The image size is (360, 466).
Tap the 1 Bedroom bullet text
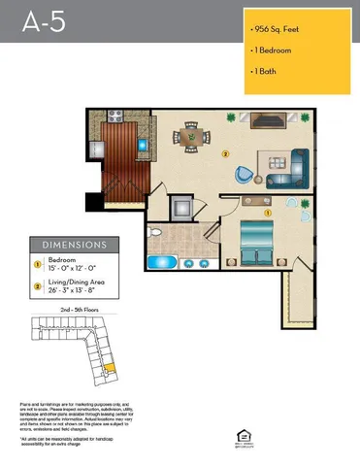point(272,50)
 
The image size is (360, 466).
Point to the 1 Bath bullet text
point(265,71)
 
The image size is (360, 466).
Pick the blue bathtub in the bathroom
point(160,261)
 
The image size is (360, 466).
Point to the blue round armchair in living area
point(242,175)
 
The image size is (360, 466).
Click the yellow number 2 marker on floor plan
point(226,153)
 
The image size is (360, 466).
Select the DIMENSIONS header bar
point(68,246)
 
